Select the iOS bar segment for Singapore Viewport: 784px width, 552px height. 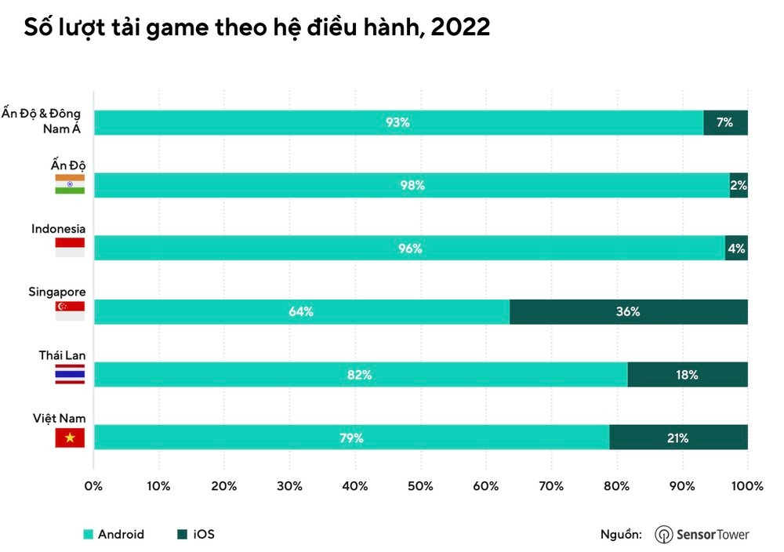[x=628, y=311]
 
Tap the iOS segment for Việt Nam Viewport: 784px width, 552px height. [x=678, y=438]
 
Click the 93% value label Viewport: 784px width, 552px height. [x=397, y=122]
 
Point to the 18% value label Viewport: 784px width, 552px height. [x=687, y=375]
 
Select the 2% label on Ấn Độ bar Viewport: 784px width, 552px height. [x=739, y=186]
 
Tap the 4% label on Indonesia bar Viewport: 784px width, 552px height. [x=736, y=249]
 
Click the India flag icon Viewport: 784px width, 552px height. [x=70, y=184]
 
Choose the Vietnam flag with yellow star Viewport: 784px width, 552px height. [x=70, y=438]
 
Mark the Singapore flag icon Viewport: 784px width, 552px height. [x=70, y=311]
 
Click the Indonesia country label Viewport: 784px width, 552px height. [x=58, y=229]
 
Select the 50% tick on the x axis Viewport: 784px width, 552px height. [x=420, y=486]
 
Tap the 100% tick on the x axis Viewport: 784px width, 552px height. [x=746, y=486]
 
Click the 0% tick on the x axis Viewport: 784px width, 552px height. [x=94, y=486]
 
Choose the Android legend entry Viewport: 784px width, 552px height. [x=114, y=535]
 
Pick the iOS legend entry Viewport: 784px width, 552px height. [x=197, y=535]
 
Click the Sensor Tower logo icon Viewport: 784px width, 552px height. [x=663, y=535]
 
